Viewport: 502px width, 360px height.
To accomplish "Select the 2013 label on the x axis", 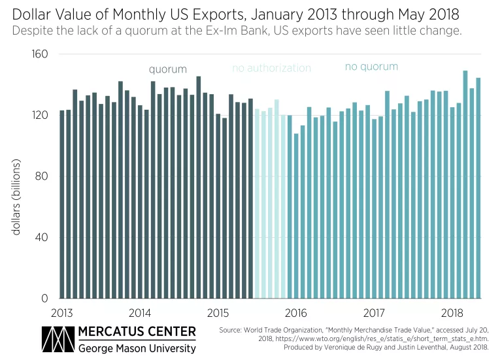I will click(x=62, y=312).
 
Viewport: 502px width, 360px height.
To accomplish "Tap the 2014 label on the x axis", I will click(x=140, y=312).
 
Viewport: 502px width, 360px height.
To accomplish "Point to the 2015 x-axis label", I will click(x=218, y=312).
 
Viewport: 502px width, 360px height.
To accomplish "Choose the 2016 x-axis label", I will click(x=296, y=312).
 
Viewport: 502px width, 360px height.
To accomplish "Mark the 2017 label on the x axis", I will click(x=374, y=312).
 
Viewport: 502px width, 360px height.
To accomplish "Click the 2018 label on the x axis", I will click(x=452, y=312).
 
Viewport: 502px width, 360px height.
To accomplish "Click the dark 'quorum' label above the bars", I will click(x=167, y=69).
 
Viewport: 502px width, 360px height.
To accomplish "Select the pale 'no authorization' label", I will click(x=271, y=68).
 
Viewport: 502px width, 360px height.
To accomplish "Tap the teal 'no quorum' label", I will click(x=371, y=67).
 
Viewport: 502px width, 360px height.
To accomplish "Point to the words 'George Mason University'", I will click(x=137, y=348).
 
